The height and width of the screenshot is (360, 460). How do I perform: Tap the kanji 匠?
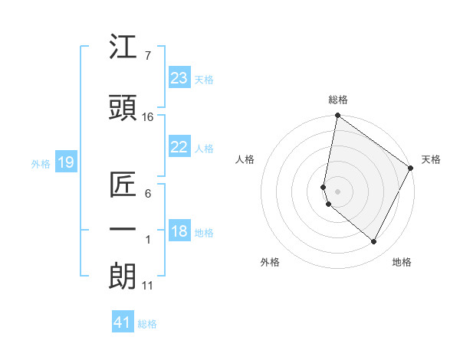pyautogui.click(x=123, y=185)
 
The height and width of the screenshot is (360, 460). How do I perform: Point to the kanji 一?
pyautogui.click(x=123, y=229)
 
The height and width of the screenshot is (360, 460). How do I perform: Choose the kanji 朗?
pyautogui.click(x=123, y=276)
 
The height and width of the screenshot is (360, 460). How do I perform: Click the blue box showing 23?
pyautogui.click(x=179, y=78)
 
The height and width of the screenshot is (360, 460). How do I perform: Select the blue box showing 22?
pyautogui.click(x=179, y=147)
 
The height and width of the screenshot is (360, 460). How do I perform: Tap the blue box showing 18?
pyautogui.click(x=179, y=231)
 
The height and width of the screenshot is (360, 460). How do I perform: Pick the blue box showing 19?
pyautogui.click(x=65, y=162)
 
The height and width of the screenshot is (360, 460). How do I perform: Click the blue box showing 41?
pyautogui.click(x=123, y=322)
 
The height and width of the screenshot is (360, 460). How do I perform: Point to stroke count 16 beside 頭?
pyautogui.click(x=148, y=116)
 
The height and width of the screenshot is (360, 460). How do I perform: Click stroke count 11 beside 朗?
pyautogui.click(x=148, y=286)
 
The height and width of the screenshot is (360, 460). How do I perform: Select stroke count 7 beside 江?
pyautogui.click(x=147, y=54)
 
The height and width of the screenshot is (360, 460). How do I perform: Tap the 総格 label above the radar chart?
pyautogui.click(x=338, y=100)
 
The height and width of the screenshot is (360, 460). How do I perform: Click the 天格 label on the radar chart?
pyautogui.click(x=431, y=159)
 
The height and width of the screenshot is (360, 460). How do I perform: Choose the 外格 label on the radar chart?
pyautogui.click(x=270, y=262)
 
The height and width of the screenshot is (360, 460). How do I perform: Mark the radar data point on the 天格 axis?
pyautogui.click(x=411, y=168)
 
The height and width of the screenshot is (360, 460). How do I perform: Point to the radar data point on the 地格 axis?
pyautogui.click(x=374, y=242)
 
